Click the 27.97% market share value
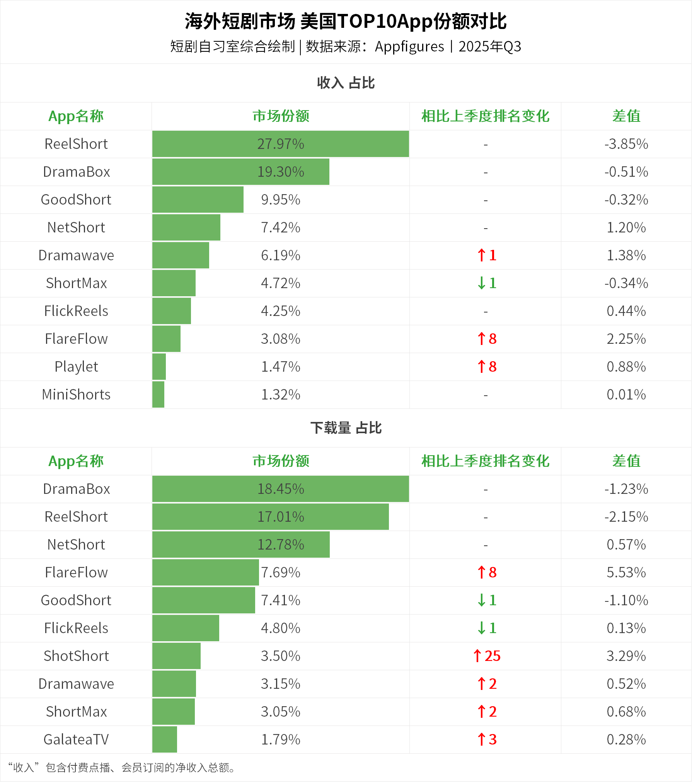281,144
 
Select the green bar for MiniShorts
158,394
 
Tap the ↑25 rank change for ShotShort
486,656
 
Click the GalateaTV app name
76,739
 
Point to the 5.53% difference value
626,572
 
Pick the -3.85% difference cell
626,144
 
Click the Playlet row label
76,367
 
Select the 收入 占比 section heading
346,83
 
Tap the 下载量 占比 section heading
346,428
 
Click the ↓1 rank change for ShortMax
486,283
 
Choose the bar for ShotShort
176,656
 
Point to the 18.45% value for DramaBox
281,489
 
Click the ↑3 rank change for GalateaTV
486,739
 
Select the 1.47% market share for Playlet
281,367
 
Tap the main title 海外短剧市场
240,21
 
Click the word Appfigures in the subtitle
409,46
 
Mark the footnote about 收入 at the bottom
122,767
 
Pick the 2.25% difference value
626,339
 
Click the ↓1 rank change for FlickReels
486,628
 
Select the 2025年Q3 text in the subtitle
490,46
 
